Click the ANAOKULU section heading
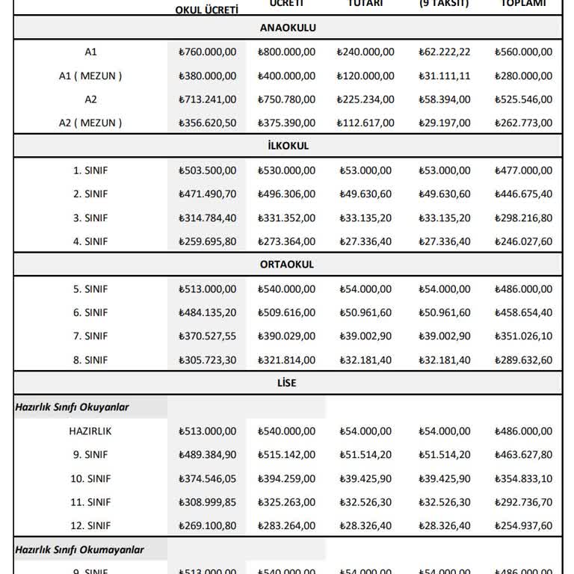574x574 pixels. [x=288, y=28]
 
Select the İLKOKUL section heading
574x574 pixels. [x=288, y=146]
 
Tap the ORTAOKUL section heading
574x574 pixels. [x=288, y=265]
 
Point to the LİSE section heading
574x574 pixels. [x=288, y=383]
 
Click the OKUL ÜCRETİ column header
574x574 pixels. [x=206, y=9]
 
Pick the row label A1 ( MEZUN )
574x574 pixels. [x=90, y=75]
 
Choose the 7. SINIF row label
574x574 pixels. [x=90, y=336]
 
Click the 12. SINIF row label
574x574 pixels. [x=90, y=526]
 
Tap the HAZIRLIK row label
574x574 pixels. [x=90, y=431]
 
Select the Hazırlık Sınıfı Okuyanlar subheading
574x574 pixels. [x=72, y=407]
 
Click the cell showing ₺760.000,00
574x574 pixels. [x=208, y=52]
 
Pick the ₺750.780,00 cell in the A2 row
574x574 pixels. [x=286, y=99]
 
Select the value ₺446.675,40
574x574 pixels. [x=523, y=194]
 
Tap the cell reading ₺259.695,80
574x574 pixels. [x=208, y=241]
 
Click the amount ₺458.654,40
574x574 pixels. [x=523, y=312]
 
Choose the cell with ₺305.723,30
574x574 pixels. [x=208, y=360]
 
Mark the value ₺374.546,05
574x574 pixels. [x=208, y=478]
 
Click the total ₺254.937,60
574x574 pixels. [x=523, y=526]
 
